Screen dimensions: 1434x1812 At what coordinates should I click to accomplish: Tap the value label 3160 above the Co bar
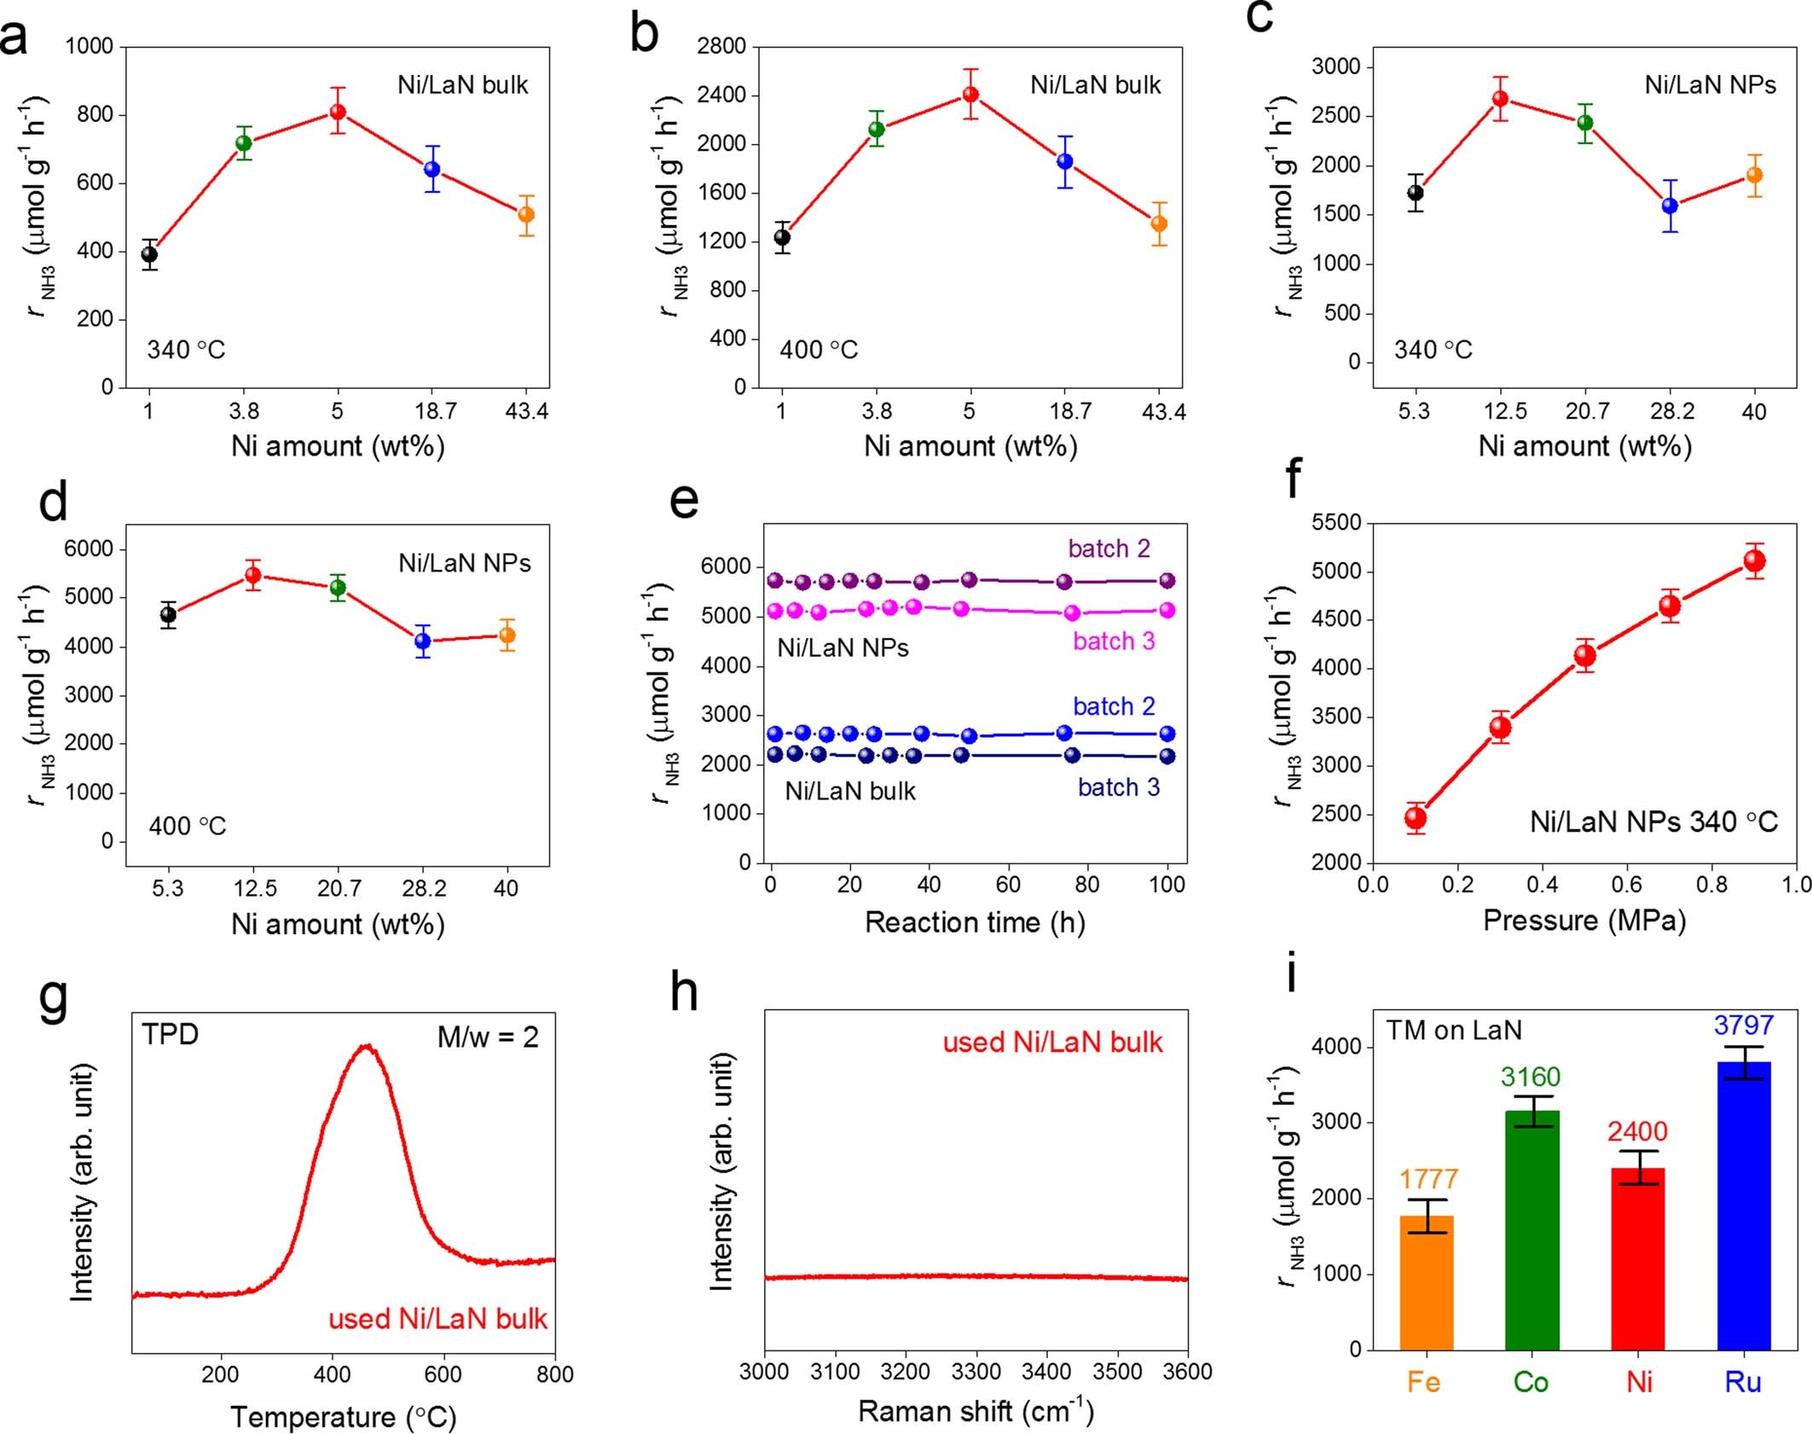coord(1531,1077)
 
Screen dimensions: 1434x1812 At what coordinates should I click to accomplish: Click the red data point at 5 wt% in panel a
coord(338,112)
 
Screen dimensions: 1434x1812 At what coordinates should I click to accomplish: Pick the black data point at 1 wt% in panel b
coord(782,237)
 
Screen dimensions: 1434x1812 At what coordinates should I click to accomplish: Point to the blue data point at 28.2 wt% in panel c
coord(1670,206)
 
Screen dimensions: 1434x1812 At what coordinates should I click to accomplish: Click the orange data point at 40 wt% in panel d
coord(507,635)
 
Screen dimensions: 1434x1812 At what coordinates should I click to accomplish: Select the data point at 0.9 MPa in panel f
coord(1754,561)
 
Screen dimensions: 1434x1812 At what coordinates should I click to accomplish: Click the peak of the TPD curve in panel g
coord(368,1047)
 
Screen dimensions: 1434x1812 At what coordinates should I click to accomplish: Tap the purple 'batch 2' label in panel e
coord(1109,549)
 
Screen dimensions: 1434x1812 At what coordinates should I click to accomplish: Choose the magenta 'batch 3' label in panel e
coord(1114,641)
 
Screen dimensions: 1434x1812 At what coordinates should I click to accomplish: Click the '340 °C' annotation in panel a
coord(186,350)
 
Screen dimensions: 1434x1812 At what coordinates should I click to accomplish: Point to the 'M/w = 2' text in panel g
coord(488,1037)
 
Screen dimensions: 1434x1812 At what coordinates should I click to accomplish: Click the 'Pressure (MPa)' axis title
coord(1584,920)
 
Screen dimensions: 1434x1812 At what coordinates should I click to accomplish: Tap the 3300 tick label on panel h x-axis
coord(975,1372)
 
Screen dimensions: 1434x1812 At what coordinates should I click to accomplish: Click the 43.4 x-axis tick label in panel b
coord(1163,412)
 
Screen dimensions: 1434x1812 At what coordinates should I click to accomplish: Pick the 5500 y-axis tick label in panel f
coord(1336,522)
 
